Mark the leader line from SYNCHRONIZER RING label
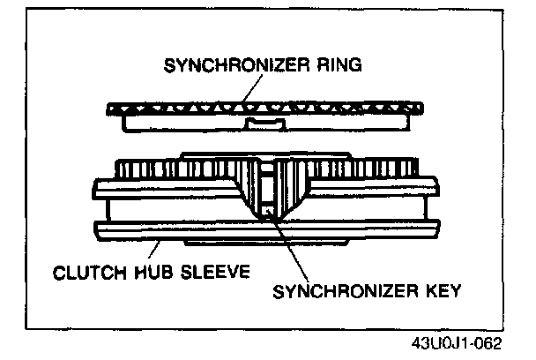pyautogui.click(x=250, y=88)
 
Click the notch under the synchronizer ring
pyautogui.click(x=266, y=121)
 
